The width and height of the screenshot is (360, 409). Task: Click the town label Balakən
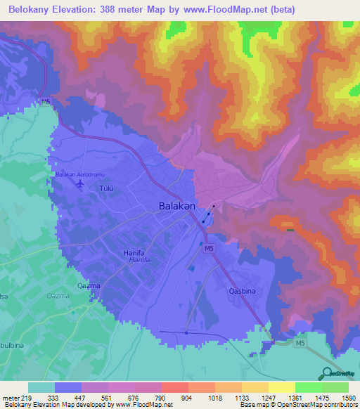click(173, 207)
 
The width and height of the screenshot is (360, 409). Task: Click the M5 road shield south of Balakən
click(210, 249)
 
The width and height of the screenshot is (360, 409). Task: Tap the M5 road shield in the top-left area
click(46, 103)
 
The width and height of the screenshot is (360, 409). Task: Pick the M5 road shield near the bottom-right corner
click(300, 342)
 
